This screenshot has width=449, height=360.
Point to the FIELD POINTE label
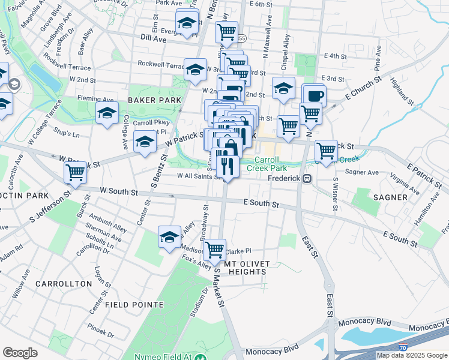tap(134, 305)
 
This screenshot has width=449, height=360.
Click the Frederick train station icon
tap(307, 178)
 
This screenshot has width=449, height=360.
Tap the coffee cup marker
tap(315, 95)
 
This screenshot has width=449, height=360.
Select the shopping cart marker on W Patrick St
tap(75, 172)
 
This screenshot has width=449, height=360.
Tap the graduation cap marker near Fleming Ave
tap(107, 112)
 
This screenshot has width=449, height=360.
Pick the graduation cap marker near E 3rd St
tap(283, 88)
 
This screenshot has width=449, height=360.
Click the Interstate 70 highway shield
tap(402, 347)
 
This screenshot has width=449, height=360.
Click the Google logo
tap(20, 353)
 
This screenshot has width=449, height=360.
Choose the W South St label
tap(119, 191)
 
